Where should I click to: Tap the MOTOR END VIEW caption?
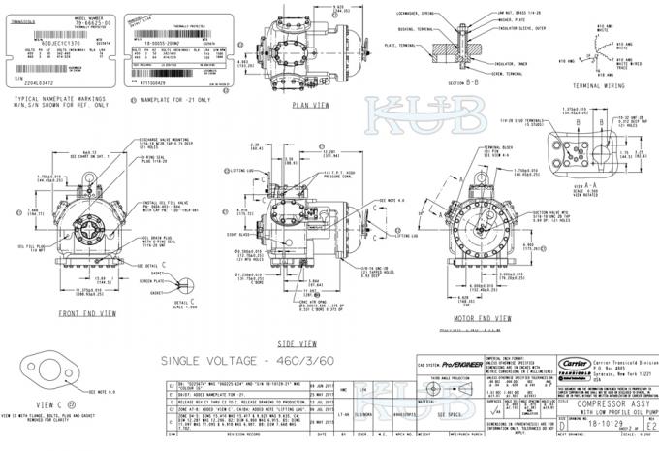(479, 316)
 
